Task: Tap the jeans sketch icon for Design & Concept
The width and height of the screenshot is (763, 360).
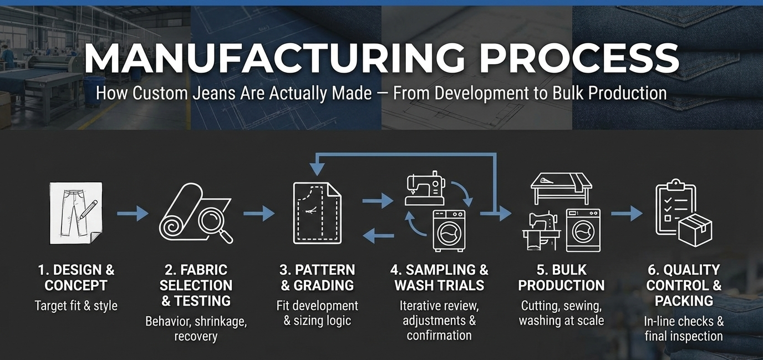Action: coord(76,213)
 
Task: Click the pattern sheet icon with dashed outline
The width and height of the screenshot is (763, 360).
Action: coord(317,213)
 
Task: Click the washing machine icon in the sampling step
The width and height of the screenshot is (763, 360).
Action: coord(449,231)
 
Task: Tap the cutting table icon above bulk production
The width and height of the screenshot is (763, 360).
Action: coord(561,189)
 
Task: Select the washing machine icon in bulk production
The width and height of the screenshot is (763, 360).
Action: coord(583,230)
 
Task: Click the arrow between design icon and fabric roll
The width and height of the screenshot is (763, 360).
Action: coord(133,214)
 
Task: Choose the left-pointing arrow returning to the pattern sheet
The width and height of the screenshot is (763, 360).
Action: coord(378,236)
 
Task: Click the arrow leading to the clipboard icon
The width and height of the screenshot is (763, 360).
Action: coord(627,214)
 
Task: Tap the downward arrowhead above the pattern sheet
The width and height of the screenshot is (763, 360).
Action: coord(317,169)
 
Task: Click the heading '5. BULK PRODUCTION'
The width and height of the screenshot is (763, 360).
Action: coord(561,277)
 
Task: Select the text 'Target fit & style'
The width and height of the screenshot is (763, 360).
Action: coord(76,306)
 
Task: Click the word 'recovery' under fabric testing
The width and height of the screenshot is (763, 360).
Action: coord(196,336)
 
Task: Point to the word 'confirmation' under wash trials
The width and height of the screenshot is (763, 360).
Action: coord(439,336)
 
